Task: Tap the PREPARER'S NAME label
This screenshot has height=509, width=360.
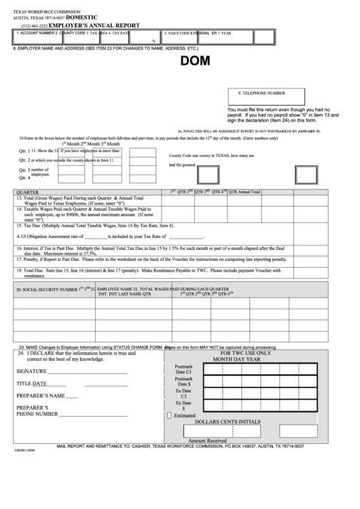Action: (x=41, y=396)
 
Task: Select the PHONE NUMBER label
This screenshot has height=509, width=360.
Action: (x=37, y=413)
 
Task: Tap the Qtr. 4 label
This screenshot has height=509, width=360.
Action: (x=25, y=177)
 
